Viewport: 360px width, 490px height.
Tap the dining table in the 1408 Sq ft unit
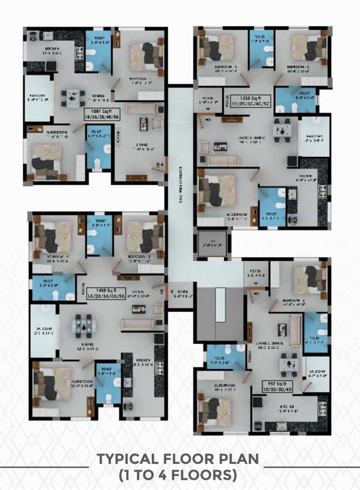(x=84, y=325)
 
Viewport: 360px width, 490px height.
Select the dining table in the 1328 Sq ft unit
(x=283, y=130)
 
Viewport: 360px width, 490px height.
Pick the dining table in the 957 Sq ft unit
(x=290, y=360)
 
